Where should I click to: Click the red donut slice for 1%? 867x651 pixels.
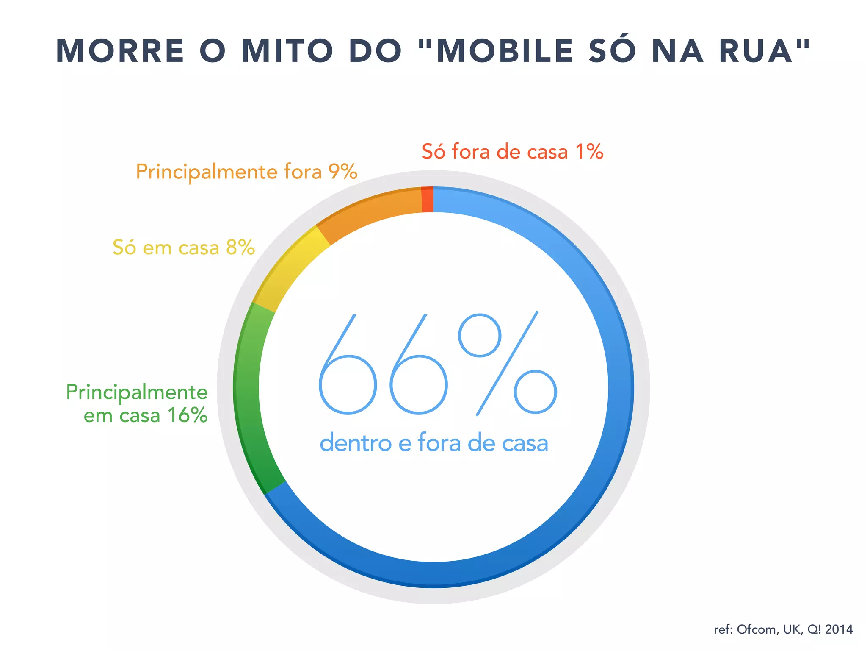(428, 200)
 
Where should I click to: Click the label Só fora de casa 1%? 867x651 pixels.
(512, 152)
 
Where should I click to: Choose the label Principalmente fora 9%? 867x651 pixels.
(246, 172)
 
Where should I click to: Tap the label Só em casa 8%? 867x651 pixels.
(183, 248)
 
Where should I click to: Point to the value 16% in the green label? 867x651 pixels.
(187, 415)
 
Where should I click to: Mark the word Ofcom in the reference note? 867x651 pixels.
(756, 629)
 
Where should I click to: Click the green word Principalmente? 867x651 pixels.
(137, 392)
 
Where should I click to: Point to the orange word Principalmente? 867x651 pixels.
(206, 172)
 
